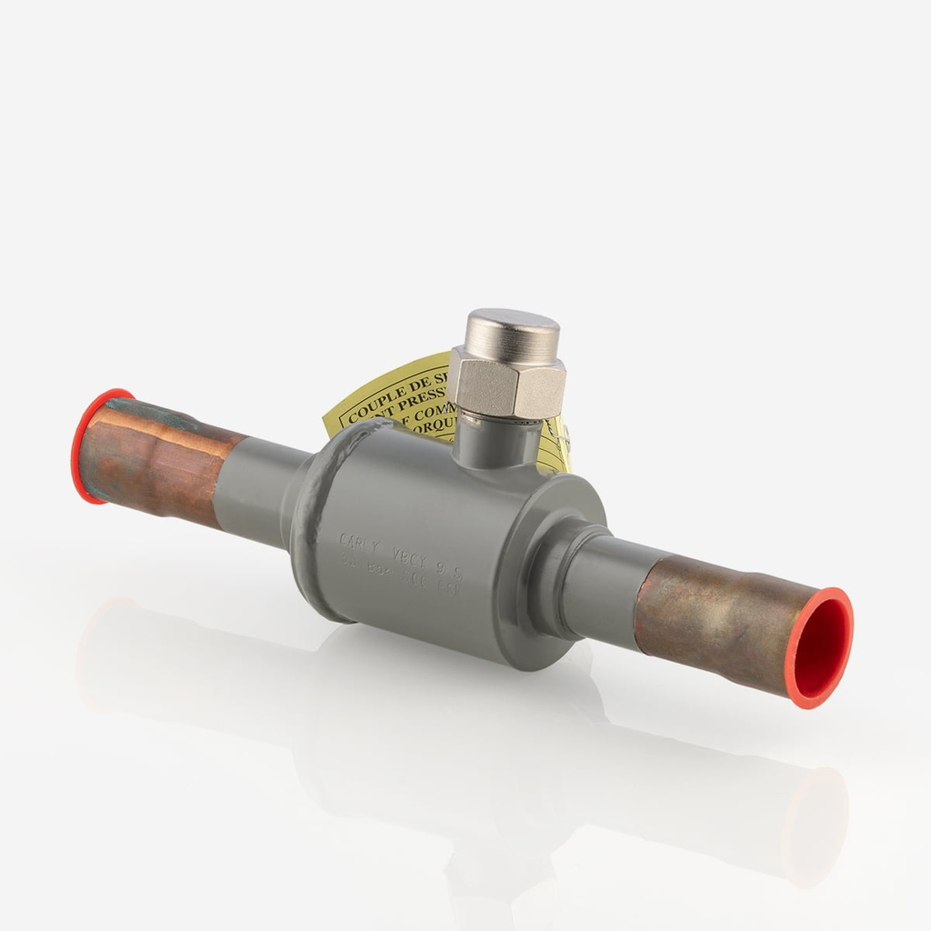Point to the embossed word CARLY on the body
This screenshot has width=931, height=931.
pos(357,542)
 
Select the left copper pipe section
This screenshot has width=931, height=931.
pos(159,459)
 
